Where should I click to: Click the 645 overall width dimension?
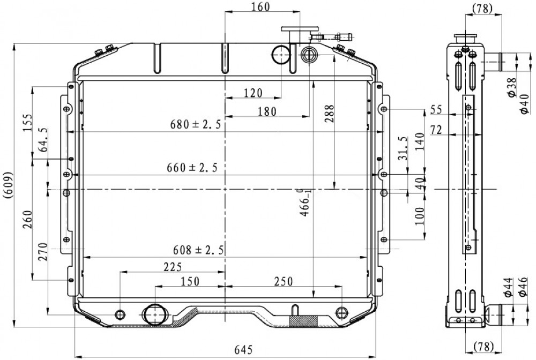[243, 349]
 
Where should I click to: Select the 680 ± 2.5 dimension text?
[196, 124]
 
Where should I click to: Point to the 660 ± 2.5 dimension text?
[192, 168]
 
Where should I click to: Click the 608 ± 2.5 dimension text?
[198, 250]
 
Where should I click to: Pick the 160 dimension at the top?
[260, 6]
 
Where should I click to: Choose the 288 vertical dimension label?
[329, 114]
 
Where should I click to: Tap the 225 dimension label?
[173, 267]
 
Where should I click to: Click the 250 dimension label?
[284, 281]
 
